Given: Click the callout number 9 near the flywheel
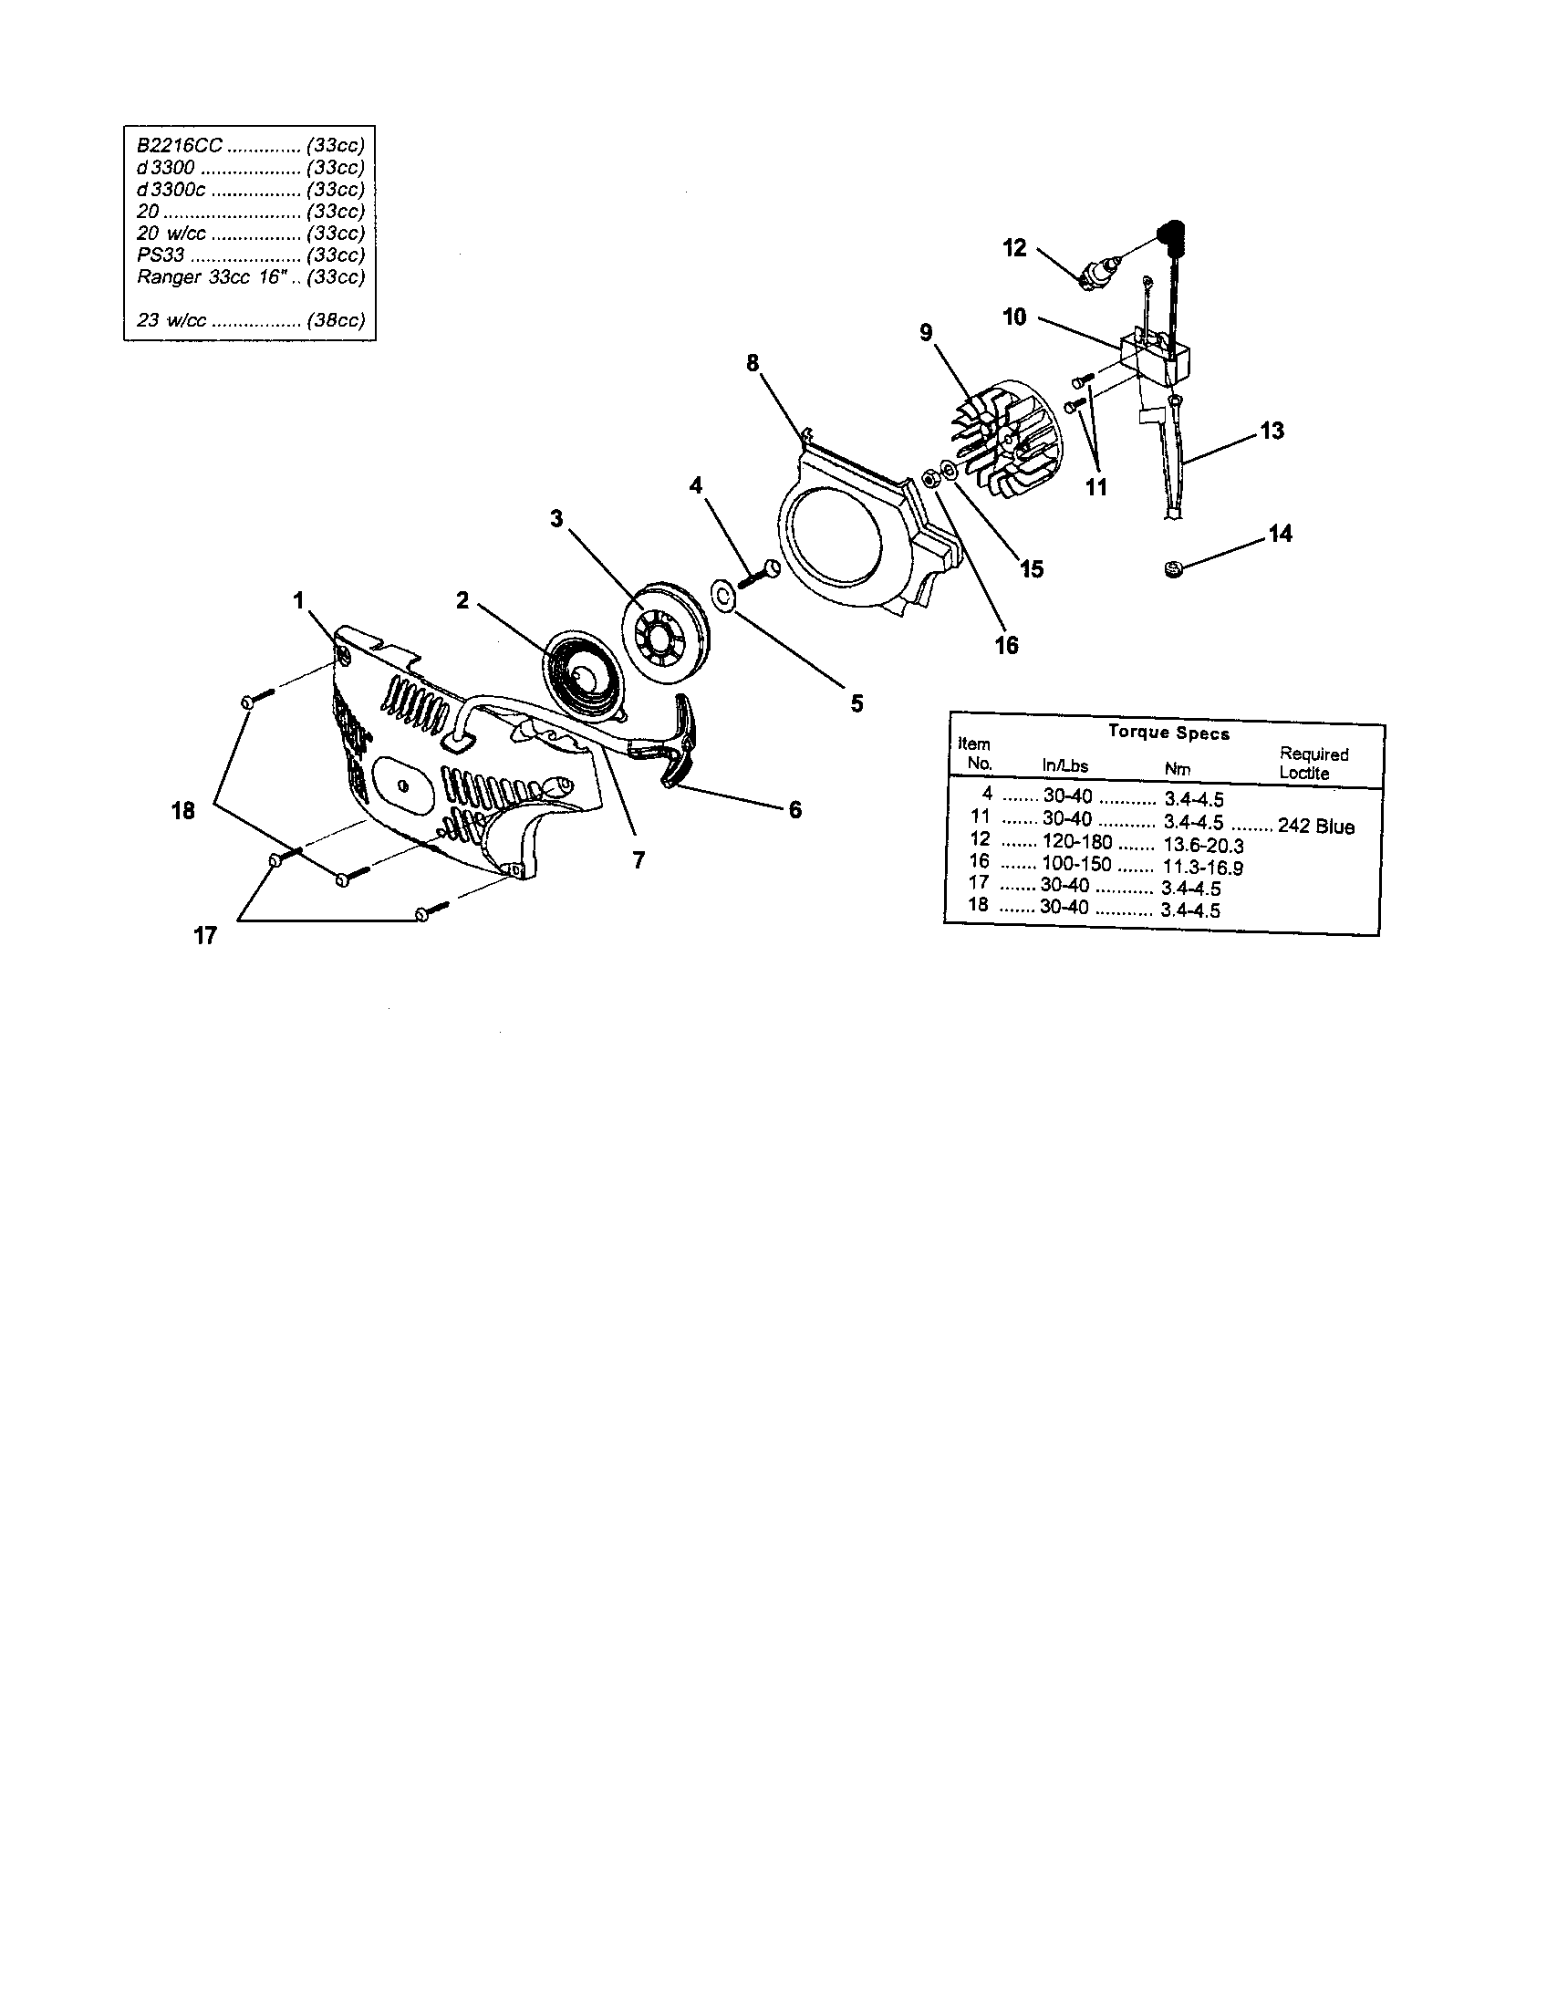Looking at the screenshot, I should [x=926, y=333].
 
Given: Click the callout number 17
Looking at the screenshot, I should [x=205, y=935].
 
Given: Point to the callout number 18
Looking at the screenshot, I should [x=183, y=810].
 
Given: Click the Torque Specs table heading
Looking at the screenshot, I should [x=1168, y=733].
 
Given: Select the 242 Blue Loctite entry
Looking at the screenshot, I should [x=1315, y=827].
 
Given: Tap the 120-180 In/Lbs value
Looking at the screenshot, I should [x=1076, y=842].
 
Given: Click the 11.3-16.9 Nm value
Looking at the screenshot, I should [x=1203, y=867].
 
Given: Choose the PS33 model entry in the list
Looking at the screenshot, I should [x=161, y=255].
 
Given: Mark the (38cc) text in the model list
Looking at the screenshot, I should [x=337, y=321].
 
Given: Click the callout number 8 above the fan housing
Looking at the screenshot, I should [x=753, y=363].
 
